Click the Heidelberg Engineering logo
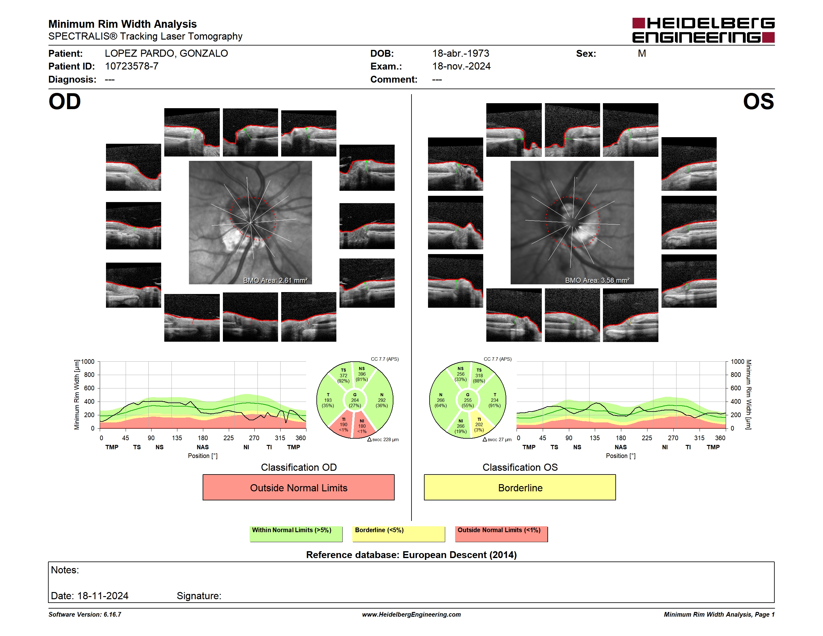[x=703, y=30]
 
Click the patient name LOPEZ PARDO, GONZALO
[x=166, y=54]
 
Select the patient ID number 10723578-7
[x=132, y=66]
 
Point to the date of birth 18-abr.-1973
[x=460, y=54]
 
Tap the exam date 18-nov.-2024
[x=461, y=66]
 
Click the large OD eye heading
[x=65, y=102]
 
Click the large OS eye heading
[x=758, y=102]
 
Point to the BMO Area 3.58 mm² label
[x=597, y=280]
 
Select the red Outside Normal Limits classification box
[x=298, y=487]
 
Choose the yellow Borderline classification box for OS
[x=520, y=487]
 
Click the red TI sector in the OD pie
[x=342, y=425]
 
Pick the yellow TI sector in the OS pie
[x=480, y=425]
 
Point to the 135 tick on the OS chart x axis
[x=594, y=438]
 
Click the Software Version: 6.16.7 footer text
[x=85, y=614]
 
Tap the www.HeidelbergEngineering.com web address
[x=411, y=614]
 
